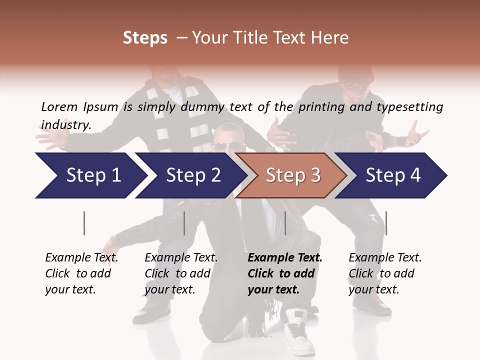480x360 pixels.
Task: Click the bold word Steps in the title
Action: (x=145, y=37)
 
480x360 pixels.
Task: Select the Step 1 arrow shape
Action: (x=90, y=175)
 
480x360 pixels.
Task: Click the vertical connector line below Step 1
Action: (x=84, y=223)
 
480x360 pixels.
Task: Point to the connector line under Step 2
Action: (x=184, y=223)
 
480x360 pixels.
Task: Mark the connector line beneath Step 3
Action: (x=285, y=223)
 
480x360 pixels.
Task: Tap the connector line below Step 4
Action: (x=386, y=223)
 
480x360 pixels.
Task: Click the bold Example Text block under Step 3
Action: (x=285, y=273)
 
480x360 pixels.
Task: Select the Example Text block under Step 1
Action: (x=81, y=273)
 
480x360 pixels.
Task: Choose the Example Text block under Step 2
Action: (x=181, y=273)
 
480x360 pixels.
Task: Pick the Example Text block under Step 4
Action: (x=385, y=273)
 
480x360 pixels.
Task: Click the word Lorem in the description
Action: (x=59, y=107)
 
